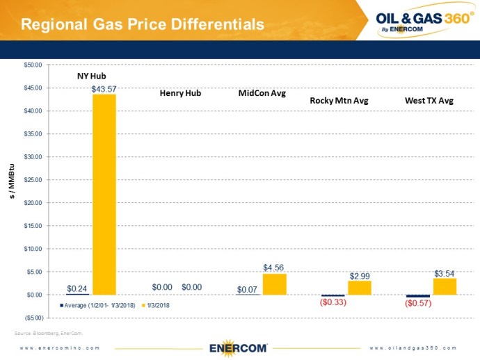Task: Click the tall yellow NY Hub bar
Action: [x=104, y=195]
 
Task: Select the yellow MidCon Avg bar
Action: [x=274, y=284]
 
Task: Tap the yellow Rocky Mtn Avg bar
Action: [x=360, y=288]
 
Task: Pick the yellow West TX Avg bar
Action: [x=445, y=286]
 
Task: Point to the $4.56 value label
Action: [x=273, y=268]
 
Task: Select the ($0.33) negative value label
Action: [x=333, y=302]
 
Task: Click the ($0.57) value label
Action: [x=417, y=304]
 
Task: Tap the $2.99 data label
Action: [x=360, y=275]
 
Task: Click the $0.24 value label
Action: [x=77, y=288]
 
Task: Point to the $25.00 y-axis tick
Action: [x=33, y=180]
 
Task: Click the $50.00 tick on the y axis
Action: [x=33, y=65]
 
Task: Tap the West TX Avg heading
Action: [x=429, y=101]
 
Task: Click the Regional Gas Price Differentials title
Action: [x=143, y=24]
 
